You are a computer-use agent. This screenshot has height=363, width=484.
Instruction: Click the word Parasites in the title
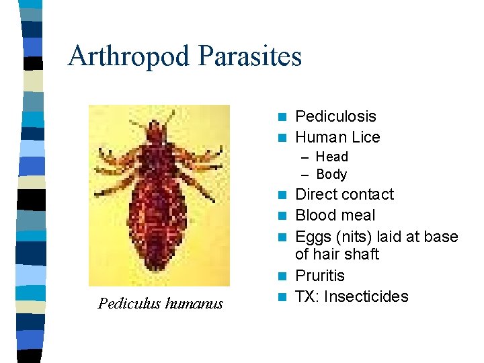coord(250,56)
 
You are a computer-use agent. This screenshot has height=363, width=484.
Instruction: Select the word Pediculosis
coord(335,117)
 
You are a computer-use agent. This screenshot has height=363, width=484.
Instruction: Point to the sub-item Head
coord(332,157)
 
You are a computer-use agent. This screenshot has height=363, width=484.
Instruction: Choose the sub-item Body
coord(331,174)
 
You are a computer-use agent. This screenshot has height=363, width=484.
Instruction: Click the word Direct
coord(317,195)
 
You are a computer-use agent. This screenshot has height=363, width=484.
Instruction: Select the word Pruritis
coord(320,276)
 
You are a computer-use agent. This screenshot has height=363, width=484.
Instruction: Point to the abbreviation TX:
coord(307,296)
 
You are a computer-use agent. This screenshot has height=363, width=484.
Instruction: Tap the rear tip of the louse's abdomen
coord(159,267)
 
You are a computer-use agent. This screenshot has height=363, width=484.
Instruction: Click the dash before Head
coord(305,157)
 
